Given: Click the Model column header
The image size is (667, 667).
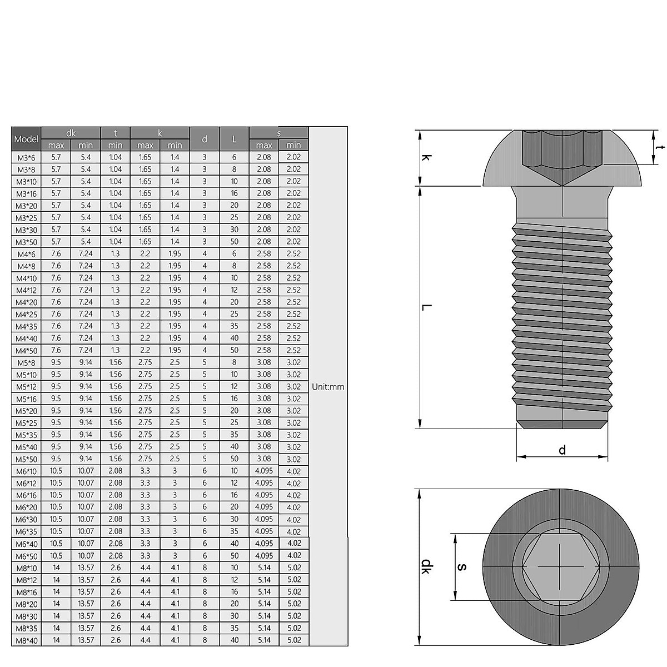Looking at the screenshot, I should click(x=26, y=139).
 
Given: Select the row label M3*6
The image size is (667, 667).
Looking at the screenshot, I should click(x=26, y=158).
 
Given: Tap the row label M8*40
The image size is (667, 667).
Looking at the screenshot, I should click(x=26, y=640).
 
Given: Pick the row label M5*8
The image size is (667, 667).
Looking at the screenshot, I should click(x=26, y=363).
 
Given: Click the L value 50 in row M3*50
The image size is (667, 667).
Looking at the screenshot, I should click(x=234, y=242).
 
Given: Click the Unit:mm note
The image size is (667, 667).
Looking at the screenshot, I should click(x=328, y=387).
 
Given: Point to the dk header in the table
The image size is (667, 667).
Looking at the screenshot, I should click(x=71, y=133).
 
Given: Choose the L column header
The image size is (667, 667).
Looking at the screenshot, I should click(x=234, y=139).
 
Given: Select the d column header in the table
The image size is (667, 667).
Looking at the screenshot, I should click(x=205, y=139).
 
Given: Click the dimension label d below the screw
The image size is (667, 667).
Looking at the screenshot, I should click(x=562, y=450).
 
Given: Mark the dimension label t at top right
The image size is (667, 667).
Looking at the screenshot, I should click(x=659, y=147).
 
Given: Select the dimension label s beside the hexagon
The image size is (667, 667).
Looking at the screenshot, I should click(x=462, y=567).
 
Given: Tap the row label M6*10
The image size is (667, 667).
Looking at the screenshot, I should click(x=26, y=471).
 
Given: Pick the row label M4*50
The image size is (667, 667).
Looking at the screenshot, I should click(x=26, y=351).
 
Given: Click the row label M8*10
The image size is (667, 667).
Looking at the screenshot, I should click(x=26, y=568).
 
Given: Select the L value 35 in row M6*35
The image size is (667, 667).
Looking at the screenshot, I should click(x=234, y=531).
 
